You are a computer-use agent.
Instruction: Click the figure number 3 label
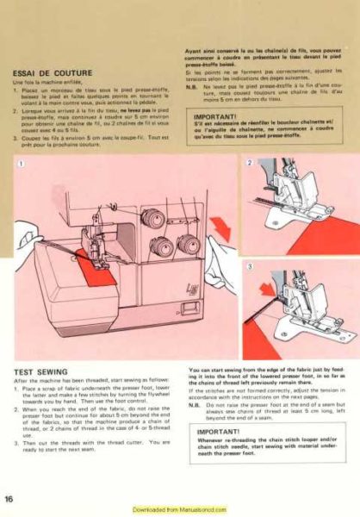250,267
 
